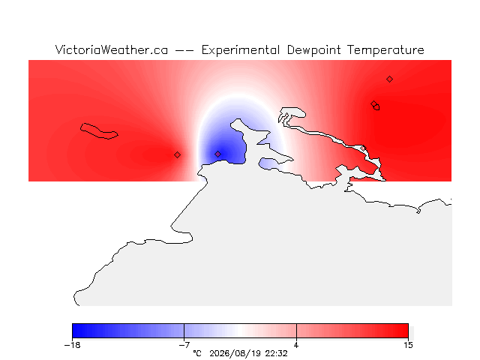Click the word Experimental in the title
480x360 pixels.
pyautogui.click(x=241, y=50)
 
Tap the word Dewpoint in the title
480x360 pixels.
pyautogui.click(x=313, y=50)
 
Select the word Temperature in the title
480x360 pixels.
pyautogui.click(x=385, y=50)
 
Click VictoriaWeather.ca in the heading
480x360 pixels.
pyautogui.click(x=112, y=50)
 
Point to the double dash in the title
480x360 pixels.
pyautogui.click(x=184, y=50)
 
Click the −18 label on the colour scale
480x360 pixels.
pyautogui.click(x=73, y=345)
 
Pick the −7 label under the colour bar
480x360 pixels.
pyautogui.click(x=184, y=345)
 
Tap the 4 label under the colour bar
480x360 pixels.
pyautogui.click(x=296, y=345)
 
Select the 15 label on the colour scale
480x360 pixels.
pyautogui.click(x=408, y=345)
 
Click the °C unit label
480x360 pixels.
pyautogui.click(x=197, y=353)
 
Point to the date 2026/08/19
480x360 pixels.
pyautogui.click(x=235, y=353)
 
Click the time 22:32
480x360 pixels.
pyautogui.click(x=277, y=353)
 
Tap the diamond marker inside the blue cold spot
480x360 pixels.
pyautogui.click(x=217, y=154)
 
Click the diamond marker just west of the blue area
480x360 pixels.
pyautogui.click(x=177, y=155)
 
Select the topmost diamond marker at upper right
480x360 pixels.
pyautogui.click(x=389, y=79)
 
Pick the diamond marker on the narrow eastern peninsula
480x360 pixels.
pyautogui.click(x=363, y=148)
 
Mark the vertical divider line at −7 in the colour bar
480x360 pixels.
pyautogui.click(x=184, y=331)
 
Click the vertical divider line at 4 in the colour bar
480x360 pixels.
pyautogui.click(x=296, y=331)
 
